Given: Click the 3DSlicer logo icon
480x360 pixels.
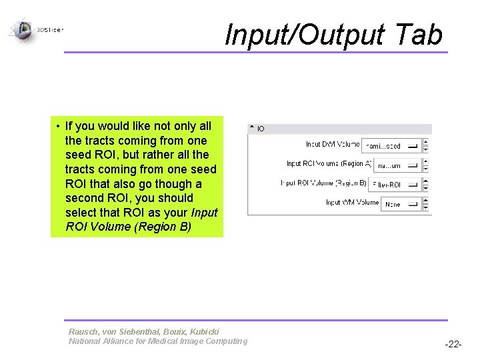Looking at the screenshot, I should click(22, 29).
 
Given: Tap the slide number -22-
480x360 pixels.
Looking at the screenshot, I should click(453, 344).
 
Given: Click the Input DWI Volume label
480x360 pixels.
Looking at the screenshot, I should click(333, 144).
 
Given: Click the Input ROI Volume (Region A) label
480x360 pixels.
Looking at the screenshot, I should click(329, 163).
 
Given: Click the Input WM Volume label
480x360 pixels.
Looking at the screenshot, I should click(352, 202).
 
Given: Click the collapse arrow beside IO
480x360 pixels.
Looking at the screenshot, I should click(251, 128).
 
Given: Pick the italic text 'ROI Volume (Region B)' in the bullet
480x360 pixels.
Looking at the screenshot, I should click(128, 227).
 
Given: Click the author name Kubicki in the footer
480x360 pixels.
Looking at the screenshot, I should click(203, 331).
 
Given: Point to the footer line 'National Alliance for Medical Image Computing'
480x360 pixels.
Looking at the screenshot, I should click(157, 341).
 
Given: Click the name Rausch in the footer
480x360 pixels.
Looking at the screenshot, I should click(83, 331).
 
